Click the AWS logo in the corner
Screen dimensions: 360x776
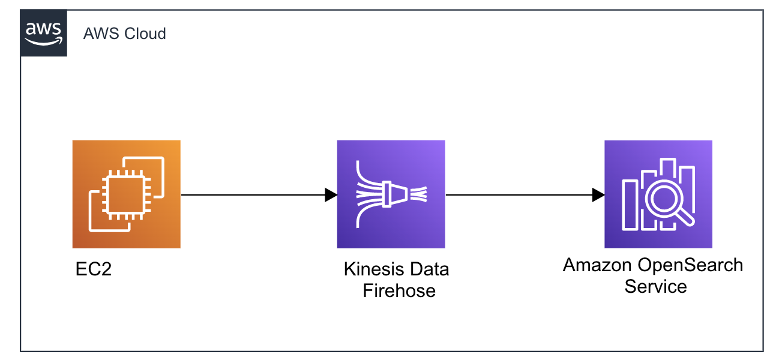(43, 33)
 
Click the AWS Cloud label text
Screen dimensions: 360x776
(124, 34)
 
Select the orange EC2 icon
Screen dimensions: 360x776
(126, 194)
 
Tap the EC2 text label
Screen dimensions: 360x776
(94, 269)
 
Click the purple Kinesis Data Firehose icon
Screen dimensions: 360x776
(391, 194)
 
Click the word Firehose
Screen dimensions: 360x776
(399, 291)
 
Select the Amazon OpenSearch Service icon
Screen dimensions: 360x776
(658, 194)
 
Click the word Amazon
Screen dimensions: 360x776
(597, 265)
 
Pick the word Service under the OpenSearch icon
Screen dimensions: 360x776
(655, 286)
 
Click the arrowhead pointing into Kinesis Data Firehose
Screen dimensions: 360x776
(331, 194)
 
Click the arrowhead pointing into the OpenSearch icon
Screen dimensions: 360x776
(598, 194)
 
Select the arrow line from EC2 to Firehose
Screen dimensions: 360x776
(252, 194)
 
